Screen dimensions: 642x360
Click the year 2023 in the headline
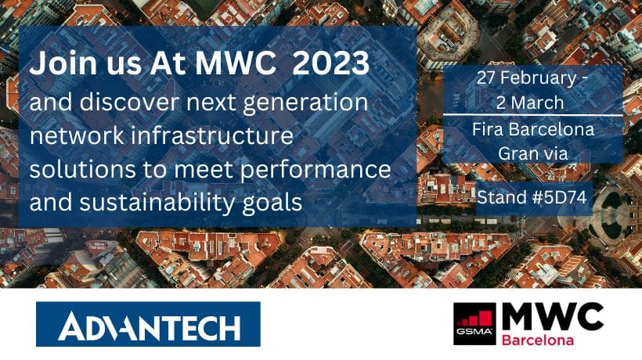[331, 63]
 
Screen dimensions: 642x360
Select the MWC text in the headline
[235, 63]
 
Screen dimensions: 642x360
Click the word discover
[129, 102]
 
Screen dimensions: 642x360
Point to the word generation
[305, 103]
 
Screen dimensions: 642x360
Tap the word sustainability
[157, 203]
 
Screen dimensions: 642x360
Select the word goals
[272, 203]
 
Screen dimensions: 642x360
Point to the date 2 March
[530, 103]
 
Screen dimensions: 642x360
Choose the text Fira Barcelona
[532, 129]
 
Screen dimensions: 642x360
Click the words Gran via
[532, 153]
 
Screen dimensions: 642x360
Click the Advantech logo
[148, 324]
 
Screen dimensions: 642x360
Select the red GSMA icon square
[474, 323]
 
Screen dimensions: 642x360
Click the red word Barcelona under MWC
[538, 340]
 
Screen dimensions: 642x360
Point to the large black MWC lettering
[553, 317]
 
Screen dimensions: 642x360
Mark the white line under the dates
[532, 115]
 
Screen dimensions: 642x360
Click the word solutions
[82, 170]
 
